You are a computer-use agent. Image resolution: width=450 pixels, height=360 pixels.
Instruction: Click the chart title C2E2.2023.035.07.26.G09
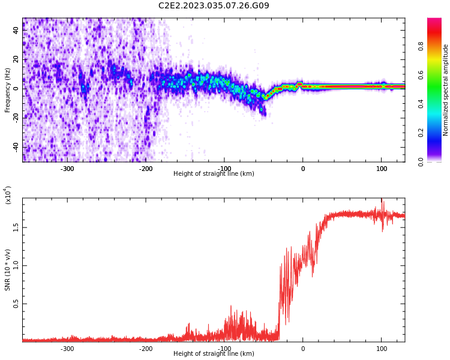coord(214,6)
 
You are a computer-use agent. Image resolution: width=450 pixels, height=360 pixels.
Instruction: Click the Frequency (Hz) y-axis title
coord(8,89)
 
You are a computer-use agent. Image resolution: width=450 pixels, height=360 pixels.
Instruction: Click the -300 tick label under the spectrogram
coord(67,169)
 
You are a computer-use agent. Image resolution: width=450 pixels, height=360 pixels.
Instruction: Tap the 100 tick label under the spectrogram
coord(382,169)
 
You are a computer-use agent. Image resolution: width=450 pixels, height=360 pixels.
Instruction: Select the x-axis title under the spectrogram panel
coord(214,174)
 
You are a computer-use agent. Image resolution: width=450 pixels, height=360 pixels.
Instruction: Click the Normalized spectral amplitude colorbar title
coord(446,89)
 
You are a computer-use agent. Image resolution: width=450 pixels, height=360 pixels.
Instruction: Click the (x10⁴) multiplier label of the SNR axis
coord(8,196)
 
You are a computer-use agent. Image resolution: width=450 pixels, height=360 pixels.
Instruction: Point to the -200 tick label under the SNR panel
coord(146,349)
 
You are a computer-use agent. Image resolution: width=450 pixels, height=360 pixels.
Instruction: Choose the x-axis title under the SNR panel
coord(214,354)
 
